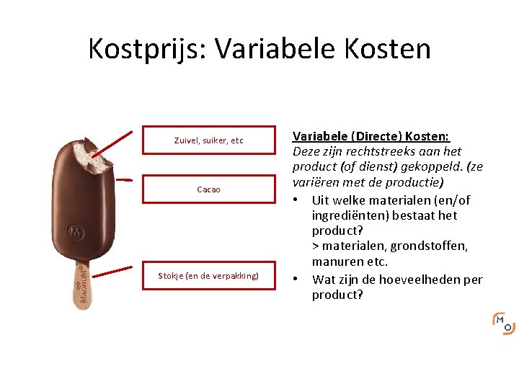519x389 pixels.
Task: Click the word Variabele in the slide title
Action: pyautogui.click(x=275, y=49)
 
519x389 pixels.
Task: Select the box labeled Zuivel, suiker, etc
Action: pyautogui.click(x=208, y=140)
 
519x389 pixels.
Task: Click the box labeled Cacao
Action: pyautogui.click(x=208, y=189)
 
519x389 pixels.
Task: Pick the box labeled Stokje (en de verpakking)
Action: pyautogui.click(x=208, y=275)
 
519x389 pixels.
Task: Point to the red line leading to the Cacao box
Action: pyautogui.click(x=124, y=179)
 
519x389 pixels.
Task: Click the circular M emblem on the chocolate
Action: pyautogui.click(x=76, y=233)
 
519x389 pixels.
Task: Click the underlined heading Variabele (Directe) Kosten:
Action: pyautogui.click(x=371, y=136)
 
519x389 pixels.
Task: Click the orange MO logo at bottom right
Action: pyautogui.click(x=503, y=324)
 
